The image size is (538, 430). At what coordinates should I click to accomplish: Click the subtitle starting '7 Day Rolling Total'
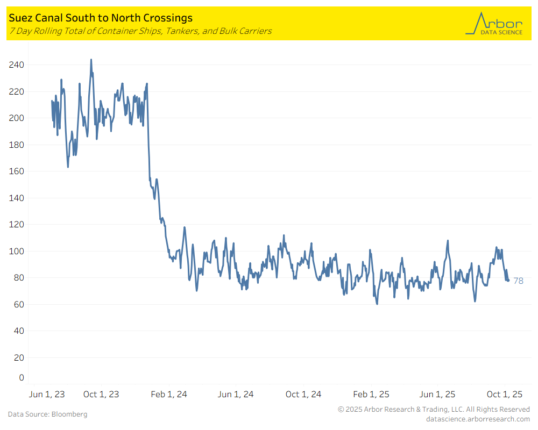[140, 31]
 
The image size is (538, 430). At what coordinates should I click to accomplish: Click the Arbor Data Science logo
[494, 24]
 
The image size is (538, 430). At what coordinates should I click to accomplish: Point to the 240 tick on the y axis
[17, 64]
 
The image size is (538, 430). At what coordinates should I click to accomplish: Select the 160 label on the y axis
[17, 171]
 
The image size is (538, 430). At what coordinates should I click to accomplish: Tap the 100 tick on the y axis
[17, 251]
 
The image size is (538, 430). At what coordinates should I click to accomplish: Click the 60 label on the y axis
[19, 305]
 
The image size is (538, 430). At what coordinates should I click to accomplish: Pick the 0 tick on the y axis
[22, 378]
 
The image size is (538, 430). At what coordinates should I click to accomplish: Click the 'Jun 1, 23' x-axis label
[46, 395]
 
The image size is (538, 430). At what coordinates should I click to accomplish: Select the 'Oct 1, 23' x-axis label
[101, 395]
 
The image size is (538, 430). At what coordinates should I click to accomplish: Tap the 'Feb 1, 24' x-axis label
[169, 395]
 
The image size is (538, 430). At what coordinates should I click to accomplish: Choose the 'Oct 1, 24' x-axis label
[303, 395]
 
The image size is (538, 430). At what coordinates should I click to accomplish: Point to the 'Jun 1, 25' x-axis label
[437, 395]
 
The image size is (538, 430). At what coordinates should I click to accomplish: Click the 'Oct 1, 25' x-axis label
[505, 395]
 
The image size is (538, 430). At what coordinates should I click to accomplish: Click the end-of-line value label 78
[518, 281]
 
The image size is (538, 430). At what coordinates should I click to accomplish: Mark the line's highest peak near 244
[91, 60]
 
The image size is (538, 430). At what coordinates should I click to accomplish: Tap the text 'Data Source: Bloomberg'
[47, 414]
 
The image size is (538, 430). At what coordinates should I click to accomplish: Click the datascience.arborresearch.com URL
[478, 419]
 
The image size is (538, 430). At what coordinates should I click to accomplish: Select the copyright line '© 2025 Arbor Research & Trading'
[434, 410]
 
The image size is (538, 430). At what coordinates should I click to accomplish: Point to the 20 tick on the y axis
[19, 358]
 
